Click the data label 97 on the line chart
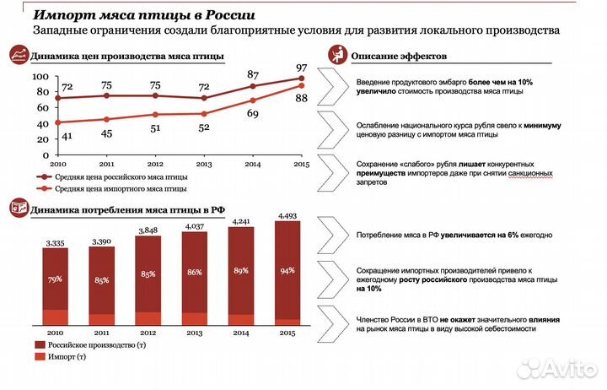click(x=301, y=68)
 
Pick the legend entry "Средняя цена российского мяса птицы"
click(x=121, y=177)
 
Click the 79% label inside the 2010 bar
click(x=56, y=279)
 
